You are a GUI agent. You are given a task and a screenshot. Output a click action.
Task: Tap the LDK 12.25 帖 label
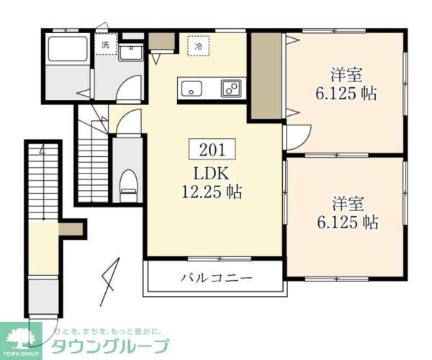coord(212,183)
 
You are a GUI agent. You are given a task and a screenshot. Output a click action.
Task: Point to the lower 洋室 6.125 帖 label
coord(347,212)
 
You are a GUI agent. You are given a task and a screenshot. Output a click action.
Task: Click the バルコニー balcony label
coord(216,278)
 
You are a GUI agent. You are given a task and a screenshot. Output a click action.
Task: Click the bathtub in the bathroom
coord(68,52)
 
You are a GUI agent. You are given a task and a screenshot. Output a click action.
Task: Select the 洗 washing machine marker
coord(106,45)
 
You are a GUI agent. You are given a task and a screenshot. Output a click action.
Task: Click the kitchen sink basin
coord(192,89)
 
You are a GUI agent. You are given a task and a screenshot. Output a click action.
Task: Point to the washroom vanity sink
coord(131,53)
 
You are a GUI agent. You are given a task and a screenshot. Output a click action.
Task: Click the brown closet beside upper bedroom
coord(266,76)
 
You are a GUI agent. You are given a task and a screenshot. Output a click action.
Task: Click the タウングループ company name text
coord(109,347)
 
